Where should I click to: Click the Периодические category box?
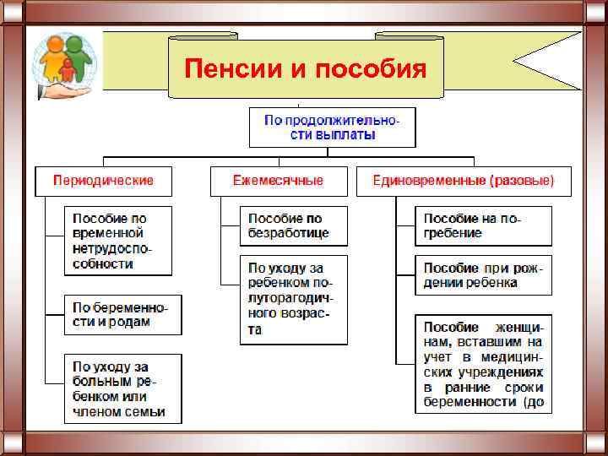[103, 181]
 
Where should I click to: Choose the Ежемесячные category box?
[278, 181]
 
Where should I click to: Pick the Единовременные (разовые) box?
[464, 181]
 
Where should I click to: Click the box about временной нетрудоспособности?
[117, 241]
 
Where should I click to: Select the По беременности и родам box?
[122, 314]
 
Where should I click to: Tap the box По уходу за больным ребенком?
[122, 389]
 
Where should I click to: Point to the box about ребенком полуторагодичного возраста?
[292, 299]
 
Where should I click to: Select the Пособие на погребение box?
[482, 226]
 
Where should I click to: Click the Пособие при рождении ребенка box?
[482, 275]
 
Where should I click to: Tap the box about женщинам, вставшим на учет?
[482, 364]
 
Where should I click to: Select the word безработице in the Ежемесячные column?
[290, 233]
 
